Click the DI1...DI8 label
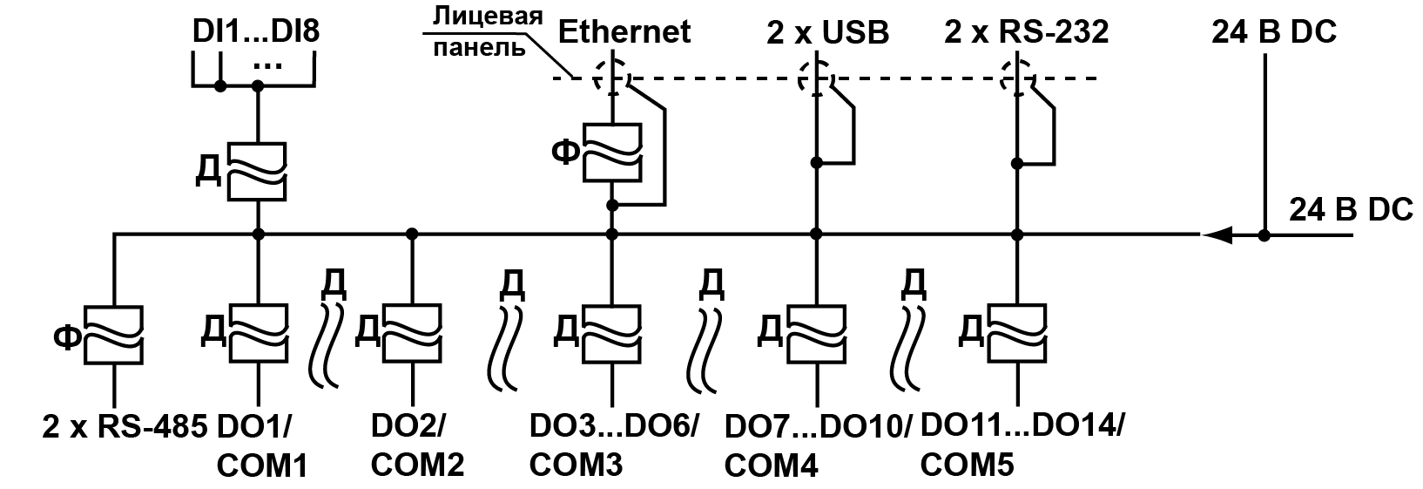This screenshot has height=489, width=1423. coord(256,32)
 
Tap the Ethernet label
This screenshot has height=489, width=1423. coord(624,32)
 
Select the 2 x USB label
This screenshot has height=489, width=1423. coord(827,33)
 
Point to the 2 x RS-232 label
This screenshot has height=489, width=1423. coord(1026,32)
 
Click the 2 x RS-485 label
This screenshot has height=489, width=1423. coord(124,426)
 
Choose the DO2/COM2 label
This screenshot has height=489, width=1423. coord(416,445)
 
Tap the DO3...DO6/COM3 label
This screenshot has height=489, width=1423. coord(613,445)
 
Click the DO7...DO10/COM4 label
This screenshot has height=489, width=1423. coord(817,445)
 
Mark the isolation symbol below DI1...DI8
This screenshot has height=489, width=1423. coord(258,172)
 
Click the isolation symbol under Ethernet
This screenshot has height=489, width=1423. coord(612,153)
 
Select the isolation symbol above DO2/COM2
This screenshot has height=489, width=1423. coord(411,331)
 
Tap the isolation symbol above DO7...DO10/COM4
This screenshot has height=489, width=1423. coord(816,331)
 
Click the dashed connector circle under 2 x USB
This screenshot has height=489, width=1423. coord(815,78)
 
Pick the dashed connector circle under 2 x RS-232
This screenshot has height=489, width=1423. coord(1015,78)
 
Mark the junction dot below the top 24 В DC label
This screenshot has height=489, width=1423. coord(1265,234)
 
